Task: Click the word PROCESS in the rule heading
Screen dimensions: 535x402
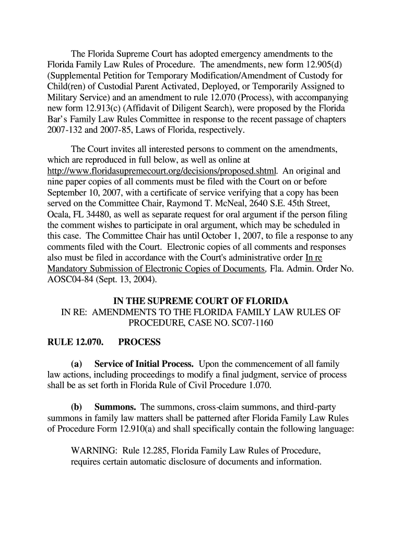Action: [x=139, y=343]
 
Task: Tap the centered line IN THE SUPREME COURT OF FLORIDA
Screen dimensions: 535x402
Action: [x=201, y=302]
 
